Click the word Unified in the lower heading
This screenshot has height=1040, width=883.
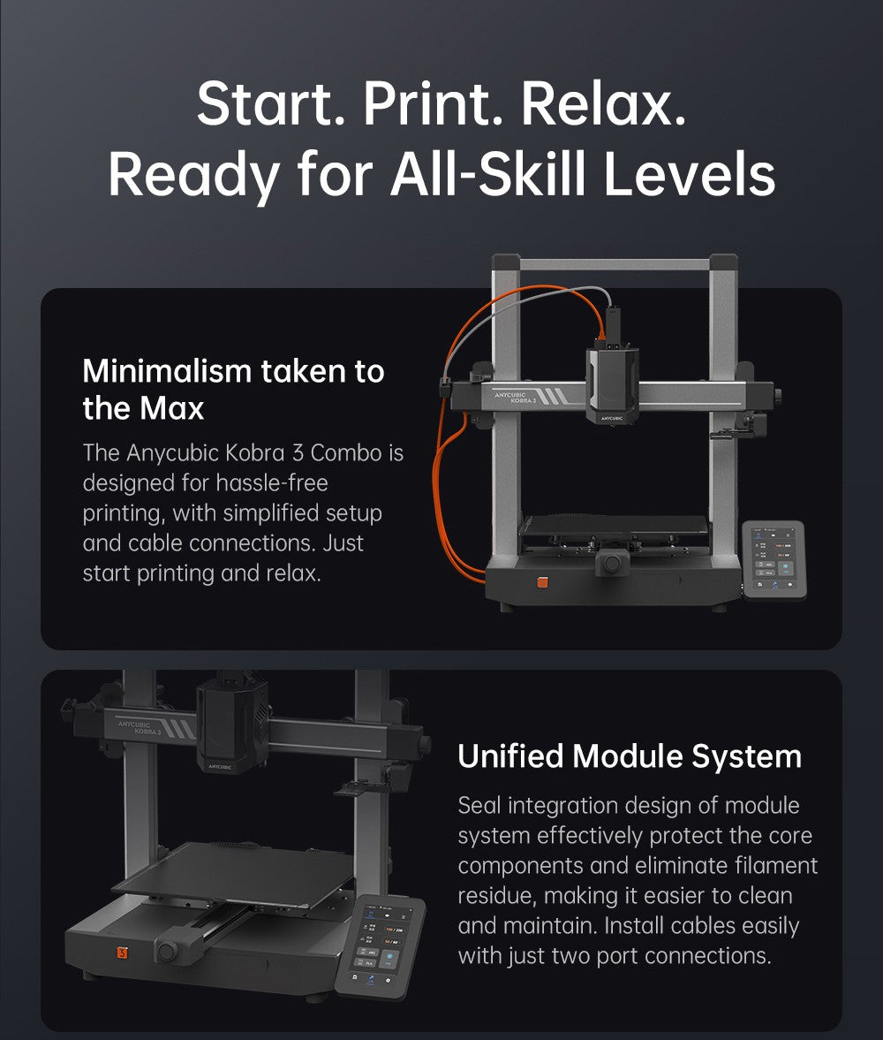509,757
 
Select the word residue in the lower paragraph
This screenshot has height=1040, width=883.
495,896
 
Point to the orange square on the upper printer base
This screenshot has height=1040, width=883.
543,582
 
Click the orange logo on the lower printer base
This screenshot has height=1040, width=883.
122,953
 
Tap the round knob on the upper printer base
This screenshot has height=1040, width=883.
610,563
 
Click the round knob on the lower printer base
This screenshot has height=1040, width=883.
165,952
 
